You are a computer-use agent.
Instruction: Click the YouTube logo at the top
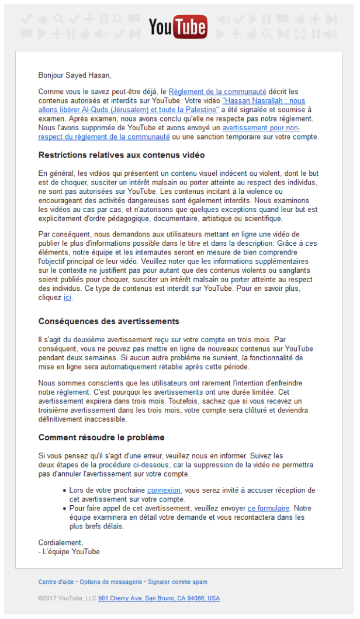(x=178, y=27)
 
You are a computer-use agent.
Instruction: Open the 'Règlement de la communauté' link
(x=217, y=92)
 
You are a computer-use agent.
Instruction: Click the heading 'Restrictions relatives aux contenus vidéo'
(x=121, y=155)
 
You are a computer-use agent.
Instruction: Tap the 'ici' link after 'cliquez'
(x=67, y=298)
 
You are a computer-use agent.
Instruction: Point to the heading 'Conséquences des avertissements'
(x=109, y=321)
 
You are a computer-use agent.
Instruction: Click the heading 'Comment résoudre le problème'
(x=101, y=437)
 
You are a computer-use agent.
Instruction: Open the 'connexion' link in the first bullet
(x=164, y=491)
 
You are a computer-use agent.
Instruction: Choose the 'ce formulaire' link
(x=269, y=509)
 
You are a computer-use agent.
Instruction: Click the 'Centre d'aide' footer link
(x=56, y=582)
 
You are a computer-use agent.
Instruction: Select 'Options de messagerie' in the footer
(x=111, y=582)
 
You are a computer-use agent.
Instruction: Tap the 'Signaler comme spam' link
(x=178, y=582)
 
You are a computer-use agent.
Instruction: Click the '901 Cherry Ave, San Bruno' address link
(x=159, y=599)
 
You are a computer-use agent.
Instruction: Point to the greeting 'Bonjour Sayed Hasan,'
(x=74, y=75)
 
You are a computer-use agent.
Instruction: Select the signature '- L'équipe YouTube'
(x=69, y=552)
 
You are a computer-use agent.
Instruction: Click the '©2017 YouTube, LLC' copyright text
(x=67, y=599)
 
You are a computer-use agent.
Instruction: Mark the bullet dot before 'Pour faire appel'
(x=64, y=509)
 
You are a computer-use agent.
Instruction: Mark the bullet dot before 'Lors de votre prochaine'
(x=64, y=491)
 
